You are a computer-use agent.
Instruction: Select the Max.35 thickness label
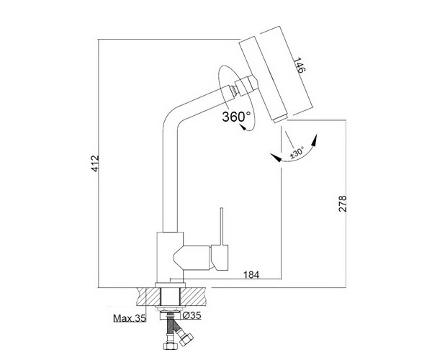click(x=129, y=318)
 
